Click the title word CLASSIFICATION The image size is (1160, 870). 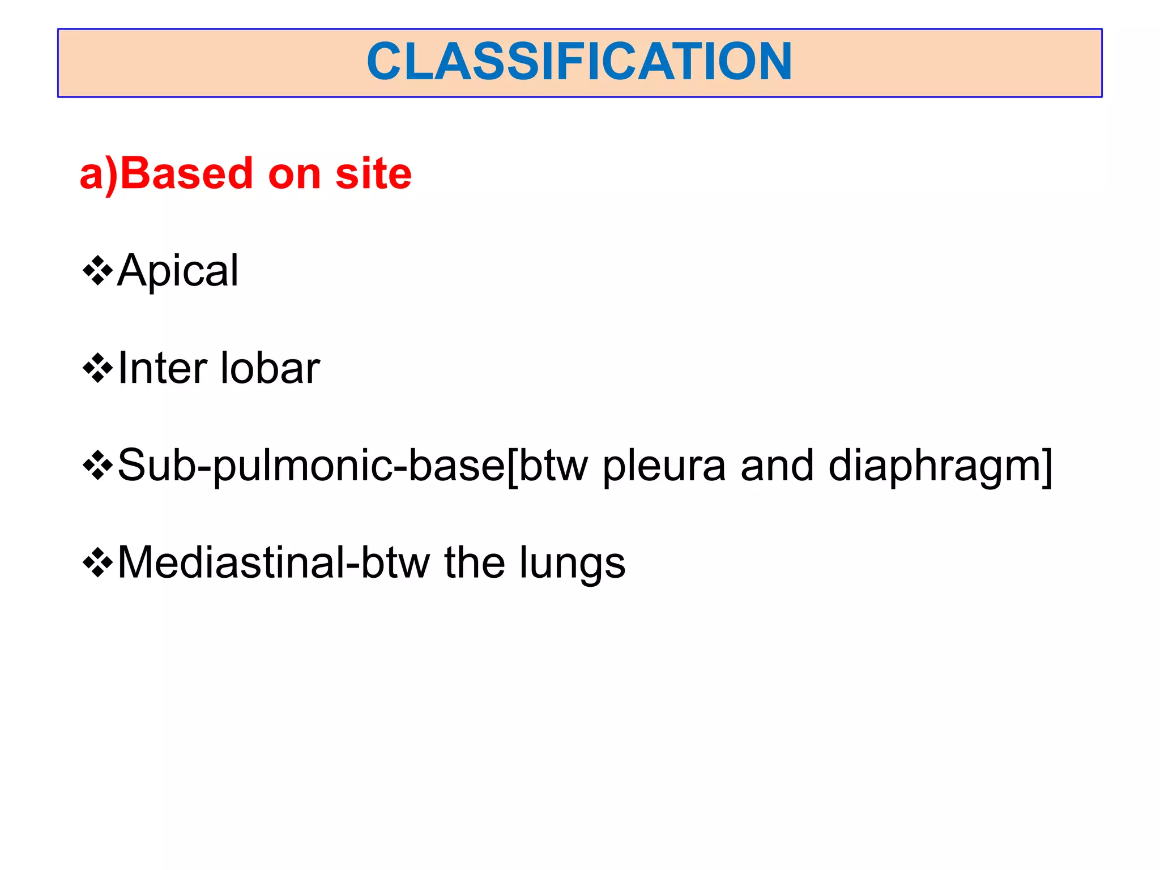(579, 62)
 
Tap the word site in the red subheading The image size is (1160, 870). (373, 173)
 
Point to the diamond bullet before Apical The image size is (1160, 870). (97, 271)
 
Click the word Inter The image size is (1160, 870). (163, 369)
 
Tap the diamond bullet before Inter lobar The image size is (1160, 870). (97, 369)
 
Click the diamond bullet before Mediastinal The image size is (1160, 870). (97, 564)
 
